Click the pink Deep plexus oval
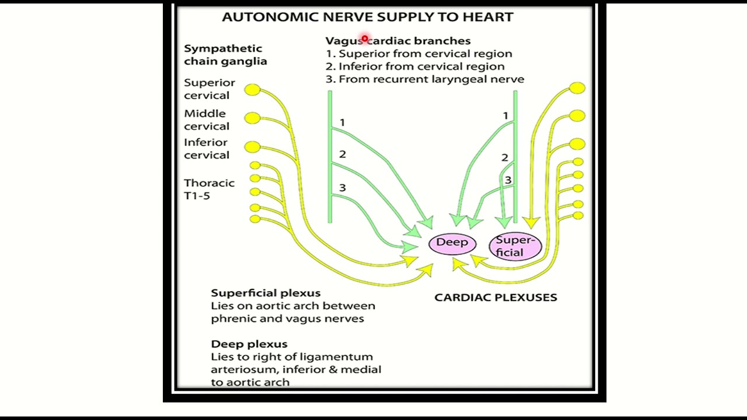click(x=452, y=243)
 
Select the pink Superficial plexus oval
click(x=515, y=246)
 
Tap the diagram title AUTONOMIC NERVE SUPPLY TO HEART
click(x=367, y=17)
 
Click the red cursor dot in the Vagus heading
click(x=365, y=39)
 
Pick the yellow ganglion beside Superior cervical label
click(x=252, y=90)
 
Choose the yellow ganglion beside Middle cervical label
click(x=252, y=118)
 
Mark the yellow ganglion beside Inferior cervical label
click(x=252, y=146)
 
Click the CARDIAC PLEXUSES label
click(x=495, y=297)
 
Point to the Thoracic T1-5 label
click(x=209, y=189)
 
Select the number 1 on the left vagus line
click(x=343, y=123)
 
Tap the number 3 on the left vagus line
click(x=343, y=187)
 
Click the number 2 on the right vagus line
click(x=505, y=157)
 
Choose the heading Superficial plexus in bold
click(x=266, y=293)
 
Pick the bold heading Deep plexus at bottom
click(x=249, y=344)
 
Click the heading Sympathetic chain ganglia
click(x=225, y=55)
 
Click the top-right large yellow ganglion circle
click(x=577, y=88)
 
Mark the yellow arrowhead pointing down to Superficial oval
click(x=530, y=223)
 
